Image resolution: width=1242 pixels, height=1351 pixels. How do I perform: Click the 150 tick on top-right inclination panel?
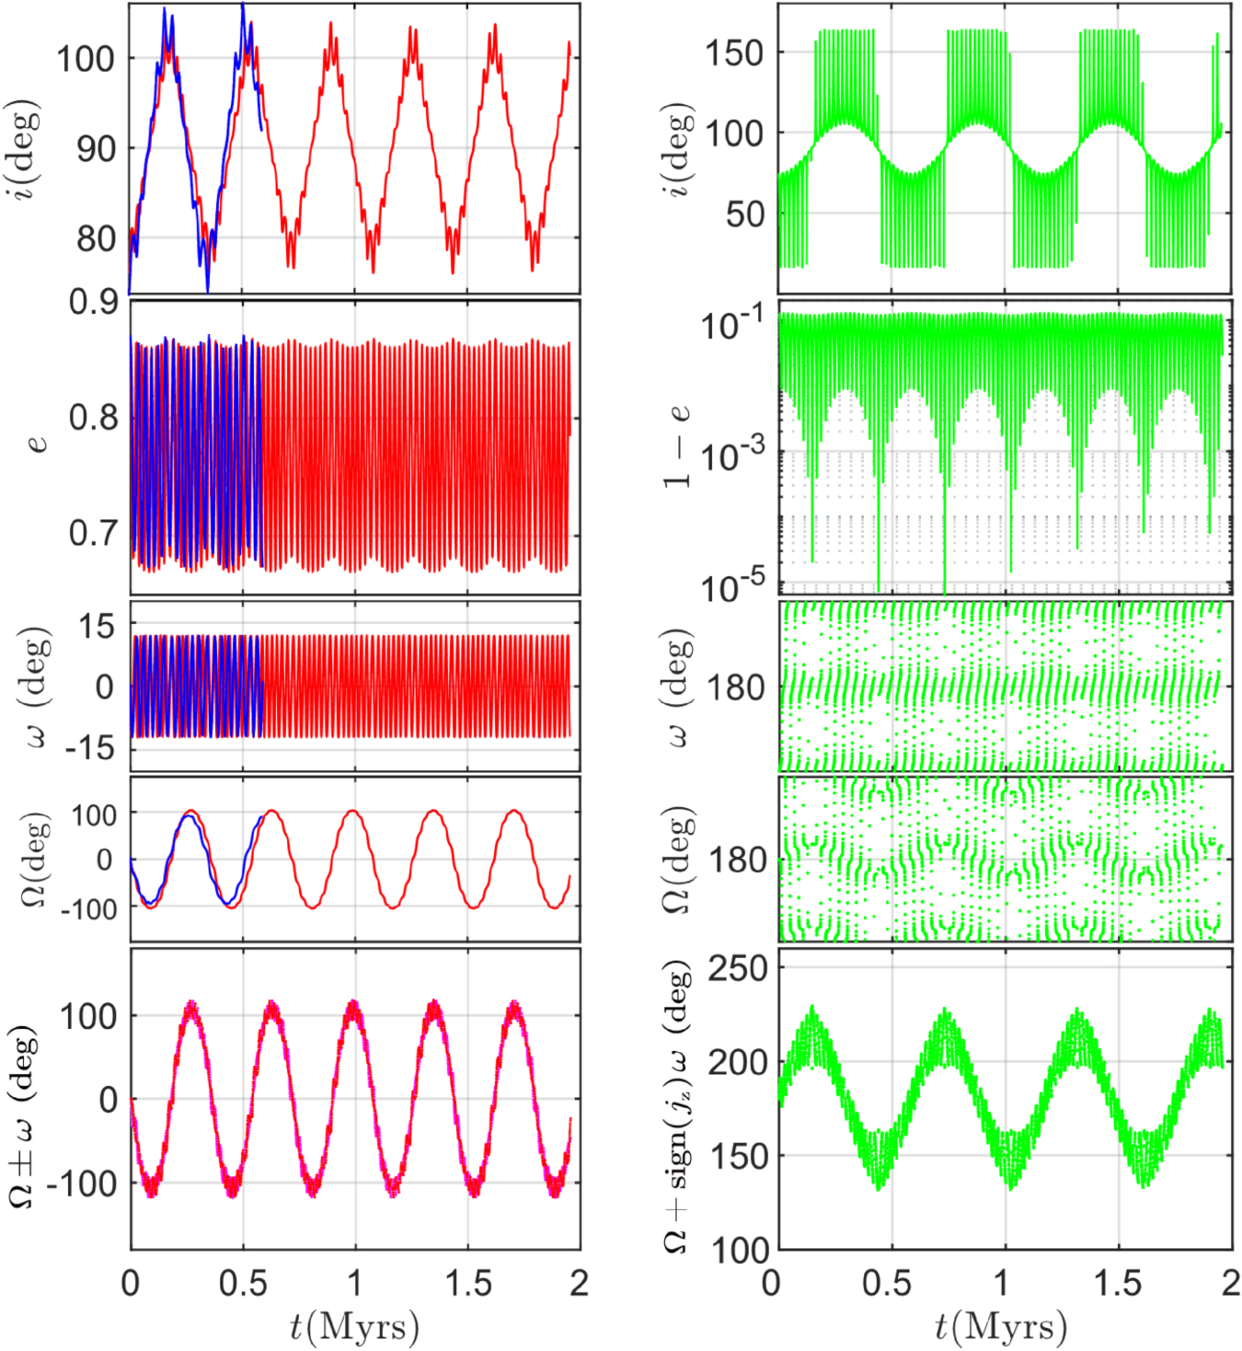tap(734, 53)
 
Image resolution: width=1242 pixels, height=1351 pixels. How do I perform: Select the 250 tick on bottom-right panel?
tap(737, 968)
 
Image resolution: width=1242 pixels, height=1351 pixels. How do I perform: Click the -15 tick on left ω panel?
tap(90, 748)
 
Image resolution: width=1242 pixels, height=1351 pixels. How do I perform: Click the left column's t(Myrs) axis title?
tap(354, 1326)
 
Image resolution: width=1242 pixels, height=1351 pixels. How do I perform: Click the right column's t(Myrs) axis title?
tap(1001, 1326)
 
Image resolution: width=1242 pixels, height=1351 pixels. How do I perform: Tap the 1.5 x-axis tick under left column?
tap(467, 1283)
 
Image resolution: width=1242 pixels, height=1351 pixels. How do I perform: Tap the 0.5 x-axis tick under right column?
tap(887, 1283)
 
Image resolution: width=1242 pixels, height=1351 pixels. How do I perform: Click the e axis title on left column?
tap(37, 444)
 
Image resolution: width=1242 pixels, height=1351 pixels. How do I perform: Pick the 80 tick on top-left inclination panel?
tap(96, 239)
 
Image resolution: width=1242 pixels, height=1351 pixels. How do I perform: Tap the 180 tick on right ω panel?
tap(736, 687)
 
